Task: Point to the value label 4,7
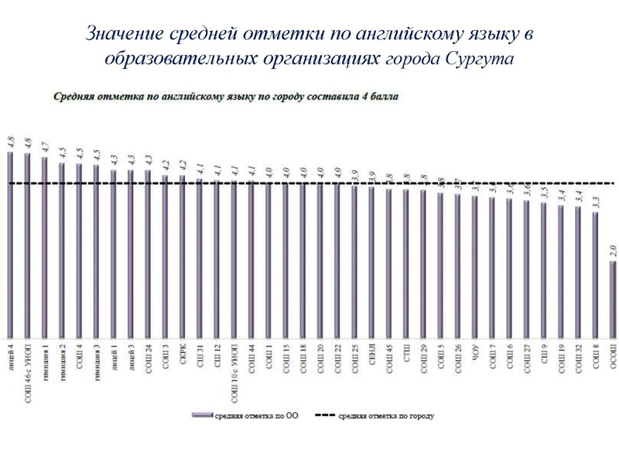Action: click(x=45, y=146)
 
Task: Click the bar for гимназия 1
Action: click(x=45, y=247)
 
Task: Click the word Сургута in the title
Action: click(x=480, y=60)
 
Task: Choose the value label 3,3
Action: click(x=596, y=199)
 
